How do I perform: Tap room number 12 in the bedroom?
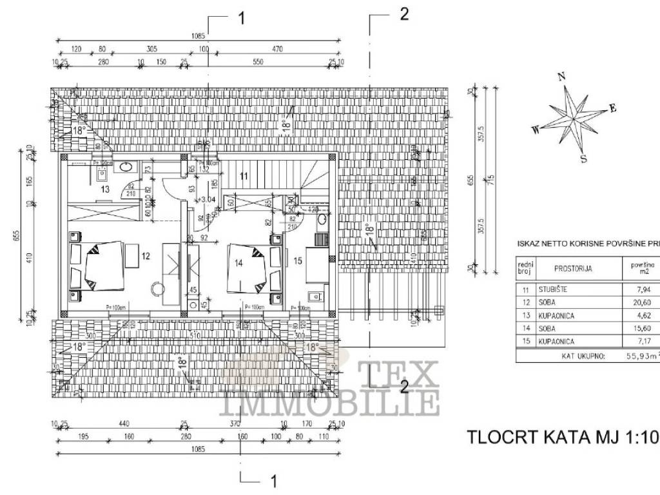click(146, 256)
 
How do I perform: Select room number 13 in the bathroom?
click(105, 189)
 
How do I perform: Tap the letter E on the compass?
click(613, 108)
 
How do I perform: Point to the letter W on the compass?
click(535, 130)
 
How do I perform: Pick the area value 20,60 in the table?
click(644, 303)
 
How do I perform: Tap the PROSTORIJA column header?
click(563, 268)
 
